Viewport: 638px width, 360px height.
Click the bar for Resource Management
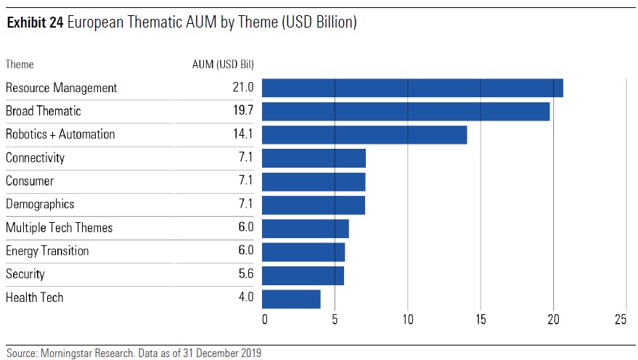click(412, 88)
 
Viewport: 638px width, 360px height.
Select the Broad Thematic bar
click(406, 111)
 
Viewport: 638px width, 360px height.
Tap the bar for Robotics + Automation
click(364, 135)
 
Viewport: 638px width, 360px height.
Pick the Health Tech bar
click(291, 298)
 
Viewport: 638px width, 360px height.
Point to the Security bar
click(303, 275)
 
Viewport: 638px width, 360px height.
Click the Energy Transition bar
click(303, 251)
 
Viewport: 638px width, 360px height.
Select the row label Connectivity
click(35, 157)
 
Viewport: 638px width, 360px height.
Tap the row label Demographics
click(40, 204)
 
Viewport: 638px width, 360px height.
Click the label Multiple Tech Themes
click(60, 227)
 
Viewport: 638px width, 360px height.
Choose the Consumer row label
click(30, 181)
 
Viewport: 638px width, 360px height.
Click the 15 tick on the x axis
click(480, 319)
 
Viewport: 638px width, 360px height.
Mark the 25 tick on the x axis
click(621, 319)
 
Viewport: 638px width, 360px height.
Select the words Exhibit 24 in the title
click(33, 23)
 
